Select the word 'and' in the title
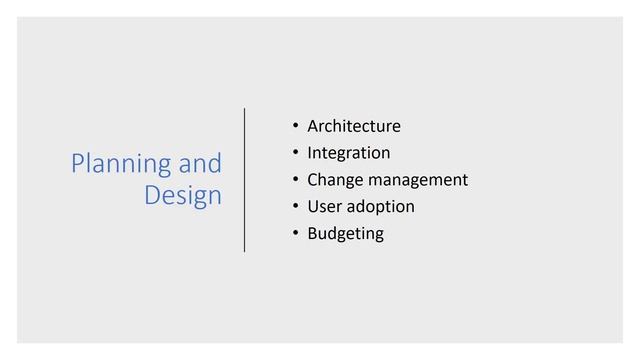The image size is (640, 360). pos(200,163)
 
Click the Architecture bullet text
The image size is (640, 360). pos(354,126)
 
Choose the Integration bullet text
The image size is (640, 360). pos(349,153)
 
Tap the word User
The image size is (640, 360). pos(324,207)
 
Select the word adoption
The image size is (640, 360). pos(380,207)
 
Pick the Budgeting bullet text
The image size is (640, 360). pos(345,234)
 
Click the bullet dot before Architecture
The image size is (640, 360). pos(295,126)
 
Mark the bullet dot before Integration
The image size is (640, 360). pos(295,153)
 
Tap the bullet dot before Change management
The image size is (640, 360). pos(295,180)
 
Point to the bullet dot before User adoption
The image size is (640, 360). pos(295,207)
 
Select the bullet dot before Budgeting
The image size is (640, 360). pos(295,234)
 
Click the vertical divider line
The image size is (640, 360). pos(245,180)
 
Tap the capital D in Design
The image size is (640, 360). pos(153,194)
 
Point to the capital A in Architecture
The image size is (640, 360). pos(313,126)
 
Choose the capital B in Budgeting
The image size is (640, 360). pos(312,234)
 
